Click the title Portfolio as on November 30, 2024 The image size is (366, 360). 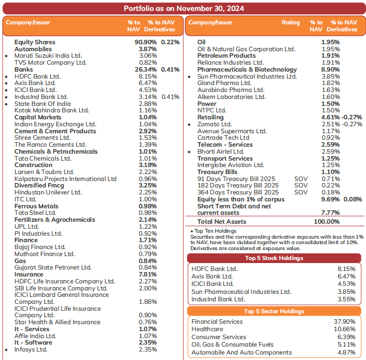(183, 8)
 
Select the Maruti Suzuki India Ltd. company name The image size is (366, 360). (48, 56)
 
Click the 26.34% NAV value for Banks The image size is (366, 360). (147, 70)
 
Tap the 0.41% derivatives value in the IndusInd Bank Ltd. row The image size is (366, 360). (170, 97)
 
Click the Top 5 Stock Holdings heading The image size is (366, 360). (274, 258)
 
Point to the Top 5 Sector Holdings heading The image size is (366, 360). (274, 311)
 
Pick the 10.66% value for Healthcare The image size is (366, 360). (345, 329)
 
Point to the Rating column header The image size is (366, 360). (291, 22)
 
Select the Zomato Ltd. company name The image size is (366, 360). (214, 124)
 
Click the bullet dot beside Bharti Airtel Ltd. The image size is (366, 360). (189, 152)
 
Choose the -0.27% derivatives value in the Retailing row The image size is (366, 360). (353, 117)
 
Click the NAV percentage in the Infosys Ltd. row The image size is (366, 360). (148, 350)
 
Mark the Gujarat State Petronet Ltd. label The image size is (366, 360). (53, 268)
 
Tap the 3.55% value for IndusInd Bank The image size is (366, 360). (346, 299)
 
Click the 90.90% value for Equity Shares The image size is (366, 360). (146, 42)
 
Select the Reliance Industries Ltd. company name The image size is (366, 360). (230, 63)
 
